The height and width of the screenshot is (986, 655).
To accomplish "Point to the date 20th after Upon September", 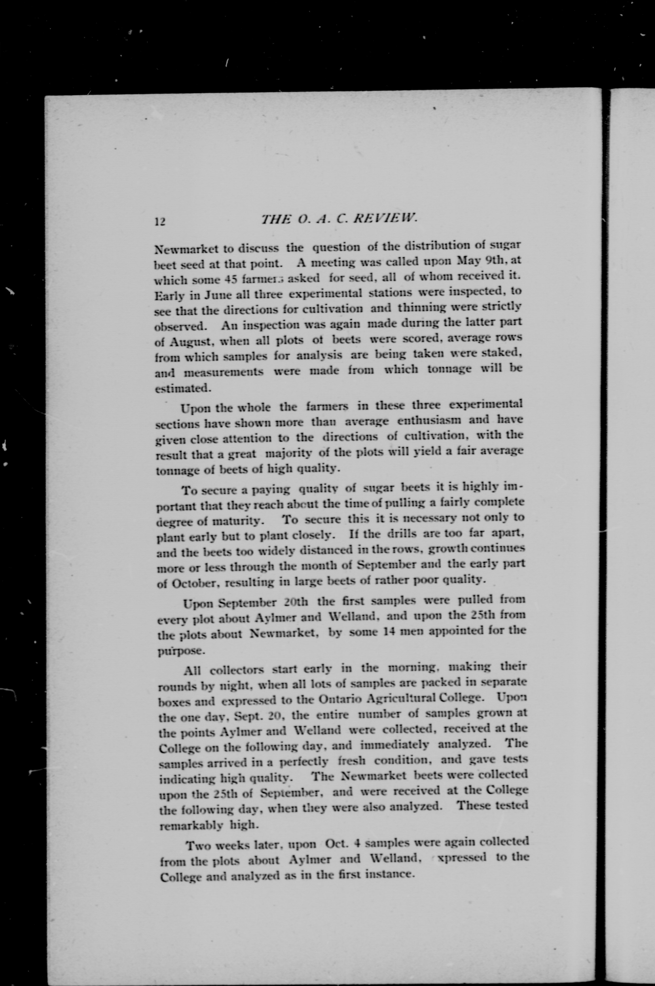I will point(296,603).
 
